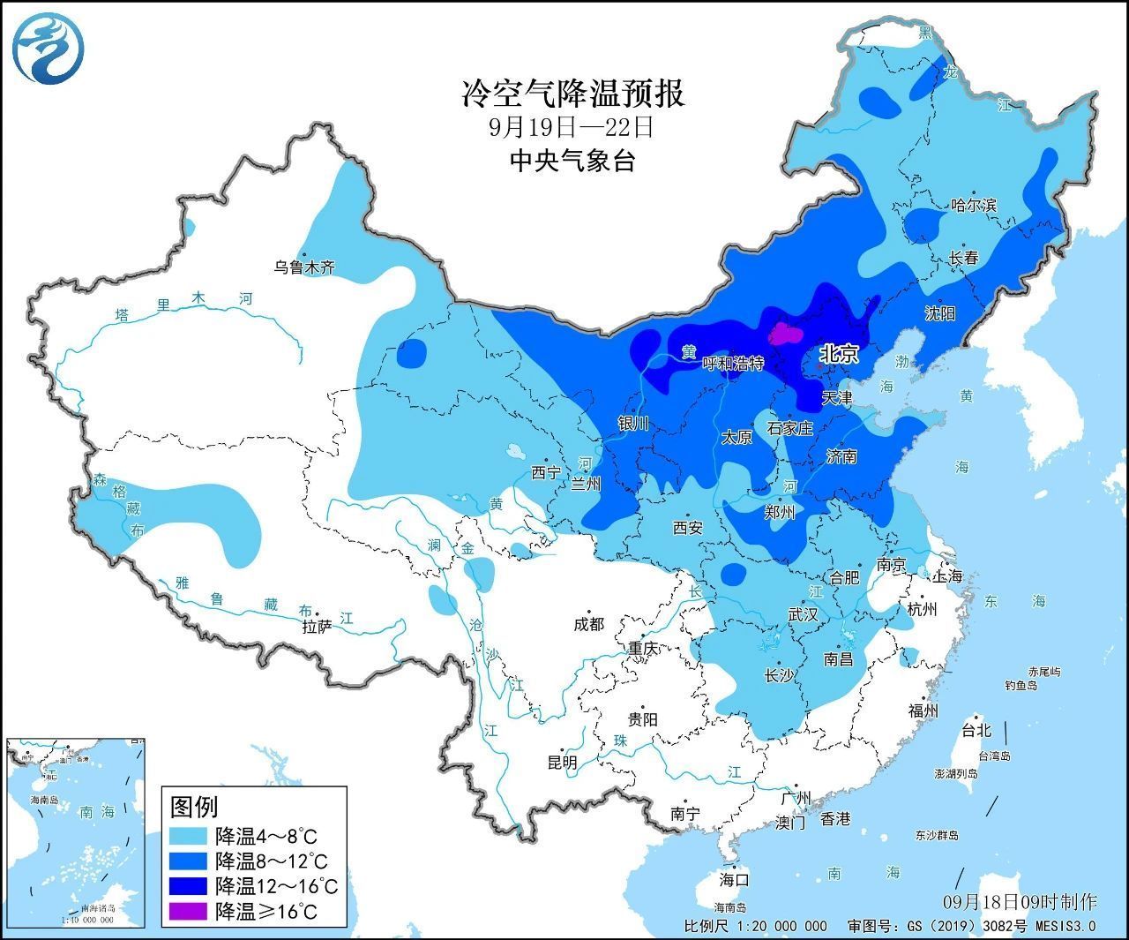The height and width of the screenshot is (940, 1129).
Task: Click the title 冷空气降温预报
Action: click(x=573, y=93)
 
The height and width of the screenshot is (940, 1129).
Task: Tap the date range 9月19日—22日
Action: click(x=572, y=127)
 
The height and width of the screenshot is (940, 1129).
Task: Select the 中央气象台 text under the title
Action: click(x=572, y=161)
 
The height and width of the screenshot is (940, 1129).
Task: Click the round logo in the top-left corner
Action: click(x=48, y=48)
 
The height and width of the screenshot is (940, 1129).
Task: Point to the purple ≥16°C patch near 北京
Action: click(x=784, y=334)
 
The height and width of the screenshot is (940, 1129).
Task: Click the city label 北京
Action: click(x=838, y=354)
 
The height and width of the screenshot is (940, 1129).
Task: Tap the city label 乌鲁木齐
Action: click(x=303, y=267)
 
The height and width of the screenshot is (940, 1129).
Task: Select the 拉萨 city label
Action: click(x=317, y=628)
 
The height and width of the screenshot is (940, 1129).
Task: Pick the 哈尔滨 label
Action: click(x=973, y=205)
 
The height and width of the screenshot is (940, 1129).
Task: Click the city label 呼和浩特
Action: click(x=732, y=364)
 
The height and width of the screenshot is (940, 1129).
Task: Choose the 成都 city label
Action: click(x=588, y=624)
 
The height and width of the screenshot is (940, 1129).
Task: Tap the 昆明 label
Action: click(x=562, y=762)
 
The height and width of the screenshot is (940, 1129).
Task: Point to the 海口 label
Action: click(x=733, y=879)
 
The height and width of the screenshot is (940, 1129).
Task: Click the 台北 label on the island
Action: click(x=976, y=730)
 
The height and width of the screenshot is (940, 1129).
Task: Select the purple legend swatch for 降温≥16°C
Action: click(x=190, y=910)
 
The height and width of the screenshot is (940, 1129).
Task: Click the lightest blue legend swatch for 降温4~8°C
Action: click(x=190, y=835)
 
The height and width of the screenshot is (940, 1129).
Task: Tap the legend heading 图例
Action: click(x=193, y=806)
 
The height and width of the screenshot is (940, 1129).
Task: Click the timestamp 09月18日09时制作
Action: click(x=1020, y=901)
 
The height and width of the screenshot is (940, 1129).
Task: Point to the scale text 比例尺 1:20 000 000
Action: click(x=756, y=926)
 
